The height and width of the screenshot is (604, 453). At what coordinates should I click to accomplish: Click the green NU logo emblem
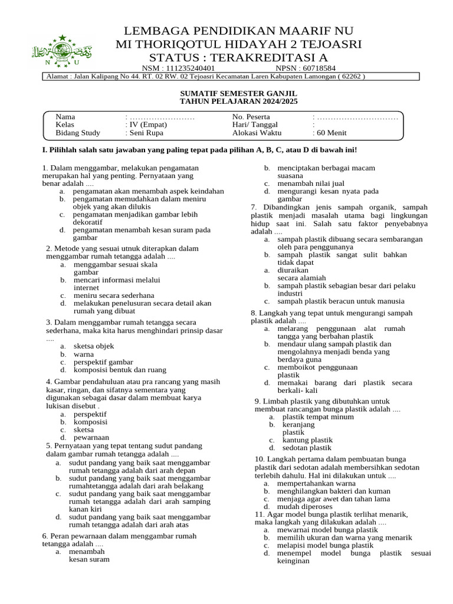coord(61,51)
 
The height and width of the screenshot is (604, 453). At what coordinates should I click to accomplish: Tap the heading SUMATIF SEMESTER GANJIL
coord(238,94)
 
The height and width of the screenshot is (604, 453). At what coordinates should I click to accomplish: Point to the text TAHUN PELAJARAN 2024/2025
coord(238,101)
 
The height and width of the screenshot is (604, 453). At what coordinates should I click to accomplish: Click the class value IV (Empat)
coord(146,124)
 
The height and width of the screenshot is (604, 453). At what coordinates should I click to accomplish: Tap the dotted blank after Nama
coord(161,117)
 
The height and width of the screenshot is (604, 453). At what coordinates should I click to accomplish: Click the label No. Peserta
coord(251,117)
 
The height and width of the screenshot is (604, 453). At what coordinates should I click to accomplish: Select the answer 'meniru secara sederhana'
coord(114,295)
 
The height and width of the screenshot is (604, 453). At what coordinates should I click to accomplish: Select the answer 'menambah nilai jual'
coord(312,183)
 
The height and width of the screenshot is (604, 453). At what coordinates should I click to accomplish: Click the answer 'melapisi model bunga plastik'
coord(325,545)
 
